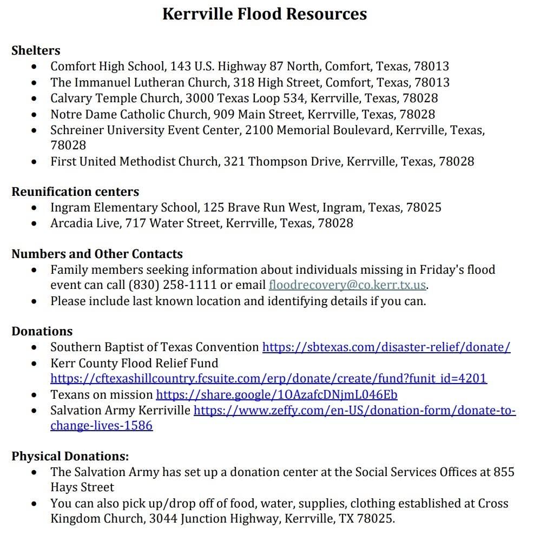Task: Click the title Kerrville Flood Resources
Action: pos(265,15)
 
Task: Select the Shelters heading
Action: pos(36,51)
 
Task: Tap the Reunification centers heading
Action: pos(75,192)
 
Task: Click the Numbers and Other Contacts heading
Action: pos(97,254)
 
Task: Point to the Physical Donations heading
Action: pos(70,457)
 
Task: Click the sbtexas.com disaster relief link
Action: pos(386,347)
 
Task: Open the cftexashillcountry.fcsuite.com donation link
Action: pos(268,379)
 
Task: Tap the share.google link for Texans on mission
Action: pos(276,395)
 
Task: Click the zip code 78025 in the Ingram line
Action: pos(424,208)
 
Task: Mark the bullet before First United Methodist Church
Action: pos(35,162)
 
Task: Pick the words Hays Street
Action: pos(82,487)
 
